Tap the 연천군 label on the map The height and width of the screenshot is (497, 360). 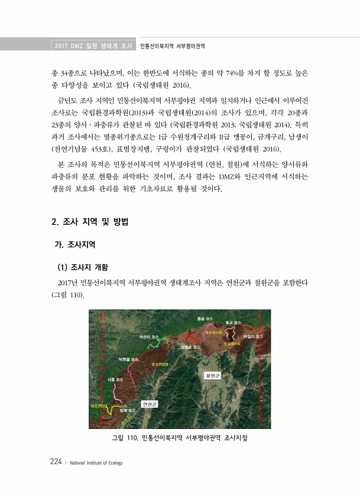pyautogui.click(x=149, y=404)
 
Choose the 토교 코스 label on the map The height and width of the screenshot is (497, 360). pyautogui.click(x=233, y=322)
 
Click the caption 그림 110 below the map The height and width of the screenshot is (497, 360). pyautogui.click(x=179, y=438)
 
